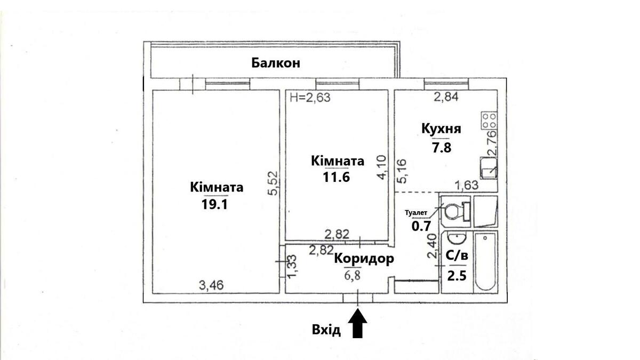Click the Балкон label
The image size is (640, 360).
pos(276,63)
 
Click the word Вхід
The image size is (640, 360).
pos(326,330)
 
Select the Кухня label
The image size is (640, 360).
pos(441,129)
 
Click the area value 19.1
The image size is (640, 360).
pos(215,205)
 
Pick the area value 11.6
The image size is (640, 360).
pos(336,178)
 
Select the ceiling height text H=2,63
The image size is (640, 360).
pos(310,97)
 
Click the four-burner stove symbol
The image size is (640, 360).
pos(489,121)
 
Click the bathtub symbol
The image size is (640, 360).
pos(485,261)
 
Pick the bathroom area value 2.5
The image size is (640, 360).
pos(456,276)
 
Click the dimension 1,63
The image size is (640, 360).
pos(465,185)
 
